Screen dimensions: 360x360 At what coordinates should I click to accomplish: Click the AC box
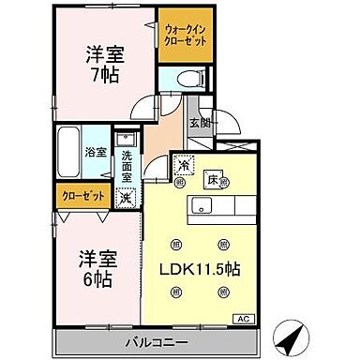pos(242,320)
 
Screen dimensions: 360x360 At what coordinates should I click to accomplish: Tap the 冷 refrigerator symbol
pos(183,167)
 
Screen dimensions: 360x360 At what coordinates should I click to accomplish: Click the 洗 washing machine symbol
pos(126,198)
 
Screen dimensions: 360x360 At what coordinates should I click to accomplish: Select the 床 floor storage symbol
pos(212,178)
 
